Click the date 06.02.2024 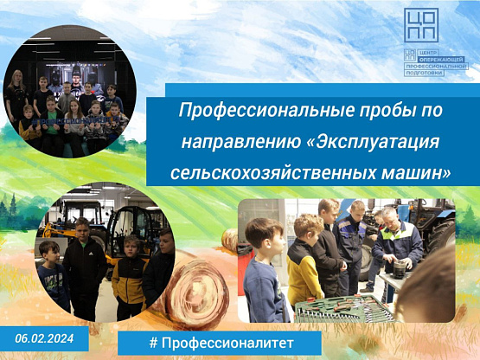(x=44, y=338)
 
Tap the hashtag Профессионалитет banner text (x=221, y=343)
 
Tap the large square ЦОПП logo (x=421, y=25)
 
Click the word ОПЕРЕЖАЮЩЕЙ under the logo (x=442, y=59)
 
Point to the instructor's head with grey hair (x=389, y=217)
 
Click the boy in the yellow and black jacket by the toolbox (x=303, y=260)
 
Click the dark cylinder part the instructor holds (x=400, y=269)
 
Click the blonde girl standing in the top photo (x=16, y=95)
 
